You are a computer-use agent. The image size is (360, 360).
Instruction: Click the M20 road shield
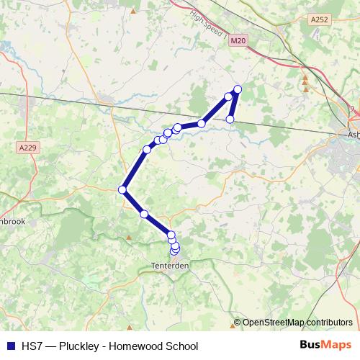pyautogui.click(x=240, y=42)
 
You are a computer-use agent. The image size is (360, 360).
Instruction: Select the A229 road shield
pyautogui.click(x=27, y=148)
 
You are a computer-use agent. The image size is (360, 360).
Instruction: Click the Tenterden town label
pyautogui.click(x=169, y=266)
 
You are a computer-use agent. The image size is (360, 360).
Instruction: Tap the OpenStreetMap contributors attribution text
pyautogui.click(x=297, y=323)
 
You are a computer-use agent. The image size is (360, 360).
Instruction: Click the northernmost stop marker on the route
pyautogui.click(x=238, y=89)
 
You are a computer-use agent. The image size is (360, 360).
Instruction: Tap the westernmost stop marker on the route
pyautogui.click(x=122, y=189)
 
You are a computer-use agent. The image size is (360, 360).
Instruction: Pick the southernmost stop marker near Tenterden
pyautogui.click(x=173, y=252)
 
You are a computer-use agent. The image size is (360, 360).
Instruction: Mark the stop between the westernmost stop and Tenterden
pyautogui.click(x=144, y=214)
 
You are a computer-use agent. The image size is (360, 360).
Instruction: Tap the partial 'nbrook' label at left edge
pyautogui.click(x=13, y=222)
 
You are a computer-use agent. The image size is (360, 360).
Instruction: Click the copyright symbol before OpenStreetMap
pyautogui.click(x=238, y=323)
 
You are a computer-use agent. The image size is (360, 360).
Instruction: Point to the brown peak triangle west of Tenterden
pyautogui.click(x=129, y=236)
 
